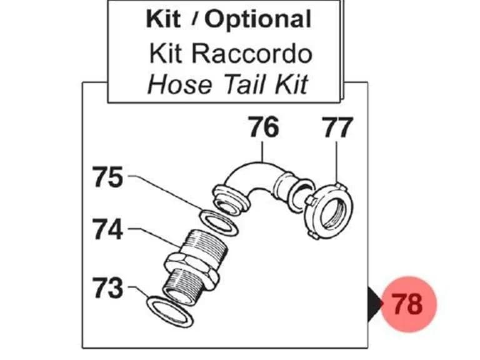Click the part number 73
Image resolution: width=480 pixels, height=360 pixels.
pyautogui.click(x=108, y=287)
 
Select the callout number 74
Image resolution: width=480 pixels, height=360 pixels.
pyautogui.click(x=108, y=229)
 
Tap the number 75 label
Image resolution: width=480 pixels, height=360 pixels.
pyautogui.click(x=108, y=177)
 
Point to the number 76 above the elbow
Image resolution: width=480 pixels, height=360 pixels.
pyautogui.click(x=264, y=127)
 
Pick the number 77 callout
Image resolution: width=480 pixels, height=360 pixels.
pyautogui.click(x=337, y=127)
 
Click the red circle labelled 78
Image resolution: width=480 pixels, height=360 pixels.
pyautogui.click(x=408, y=304)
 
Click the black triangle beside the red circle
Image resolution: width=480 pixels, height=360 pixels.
pyautogui.click(x=375, y=304)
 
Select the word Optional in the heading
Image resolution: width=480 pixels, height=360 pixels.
pyautogui.click(x=257, y=20)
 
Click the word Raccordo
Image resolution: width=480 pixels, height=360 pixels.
pyautogui.click(x=252, y=54)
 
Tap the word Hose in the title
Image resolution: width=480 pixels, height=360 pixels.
pyautogui.click(x=179, y=84)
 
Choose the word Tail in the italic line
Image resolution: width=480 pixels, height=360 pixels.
pyautogui.click(x=245, y=84)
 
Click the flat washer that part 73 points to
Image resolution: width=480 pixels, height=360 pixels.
pyautogui.click(x=170, y=312)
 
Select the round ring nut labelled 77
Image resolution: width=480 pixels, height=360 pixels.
pyautogui.click(x=330, y=211)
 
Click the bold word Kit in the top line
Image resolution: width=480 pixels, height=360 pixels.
pyautogui.click(x=163, y=19)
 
